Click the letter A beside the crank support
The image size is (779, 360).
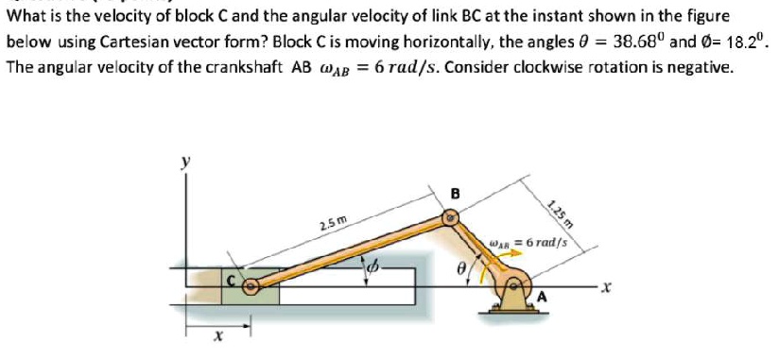click(542, 299)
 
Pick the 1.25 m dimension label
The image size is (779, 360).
click(559, 214)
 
